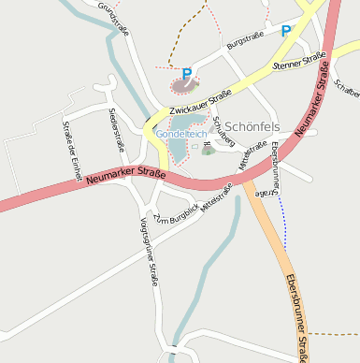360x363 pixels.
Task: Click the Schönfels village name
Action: point(252,126)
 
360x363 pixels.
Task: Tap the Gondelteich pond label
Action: point(181,135)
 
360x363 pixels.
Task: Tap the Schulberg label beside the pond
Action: point(223,126)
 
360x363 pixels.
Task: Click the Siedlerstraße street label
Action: point(117,129)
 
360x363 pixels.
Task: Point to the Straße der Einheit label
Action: point(72,149)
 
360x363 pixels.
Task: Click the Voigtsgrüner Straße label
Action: point(149,252)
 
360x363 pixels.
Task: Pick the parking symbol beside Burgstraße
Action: point(286,31)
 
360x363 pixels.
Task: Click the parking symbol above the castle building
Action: point(187,73)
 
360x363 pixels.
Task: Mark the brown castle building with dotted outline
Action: point(184,85)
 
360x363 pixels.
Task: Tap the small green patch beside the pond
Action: point(208,151)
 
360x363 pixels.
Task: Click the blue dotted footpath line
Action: point(281,220)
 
